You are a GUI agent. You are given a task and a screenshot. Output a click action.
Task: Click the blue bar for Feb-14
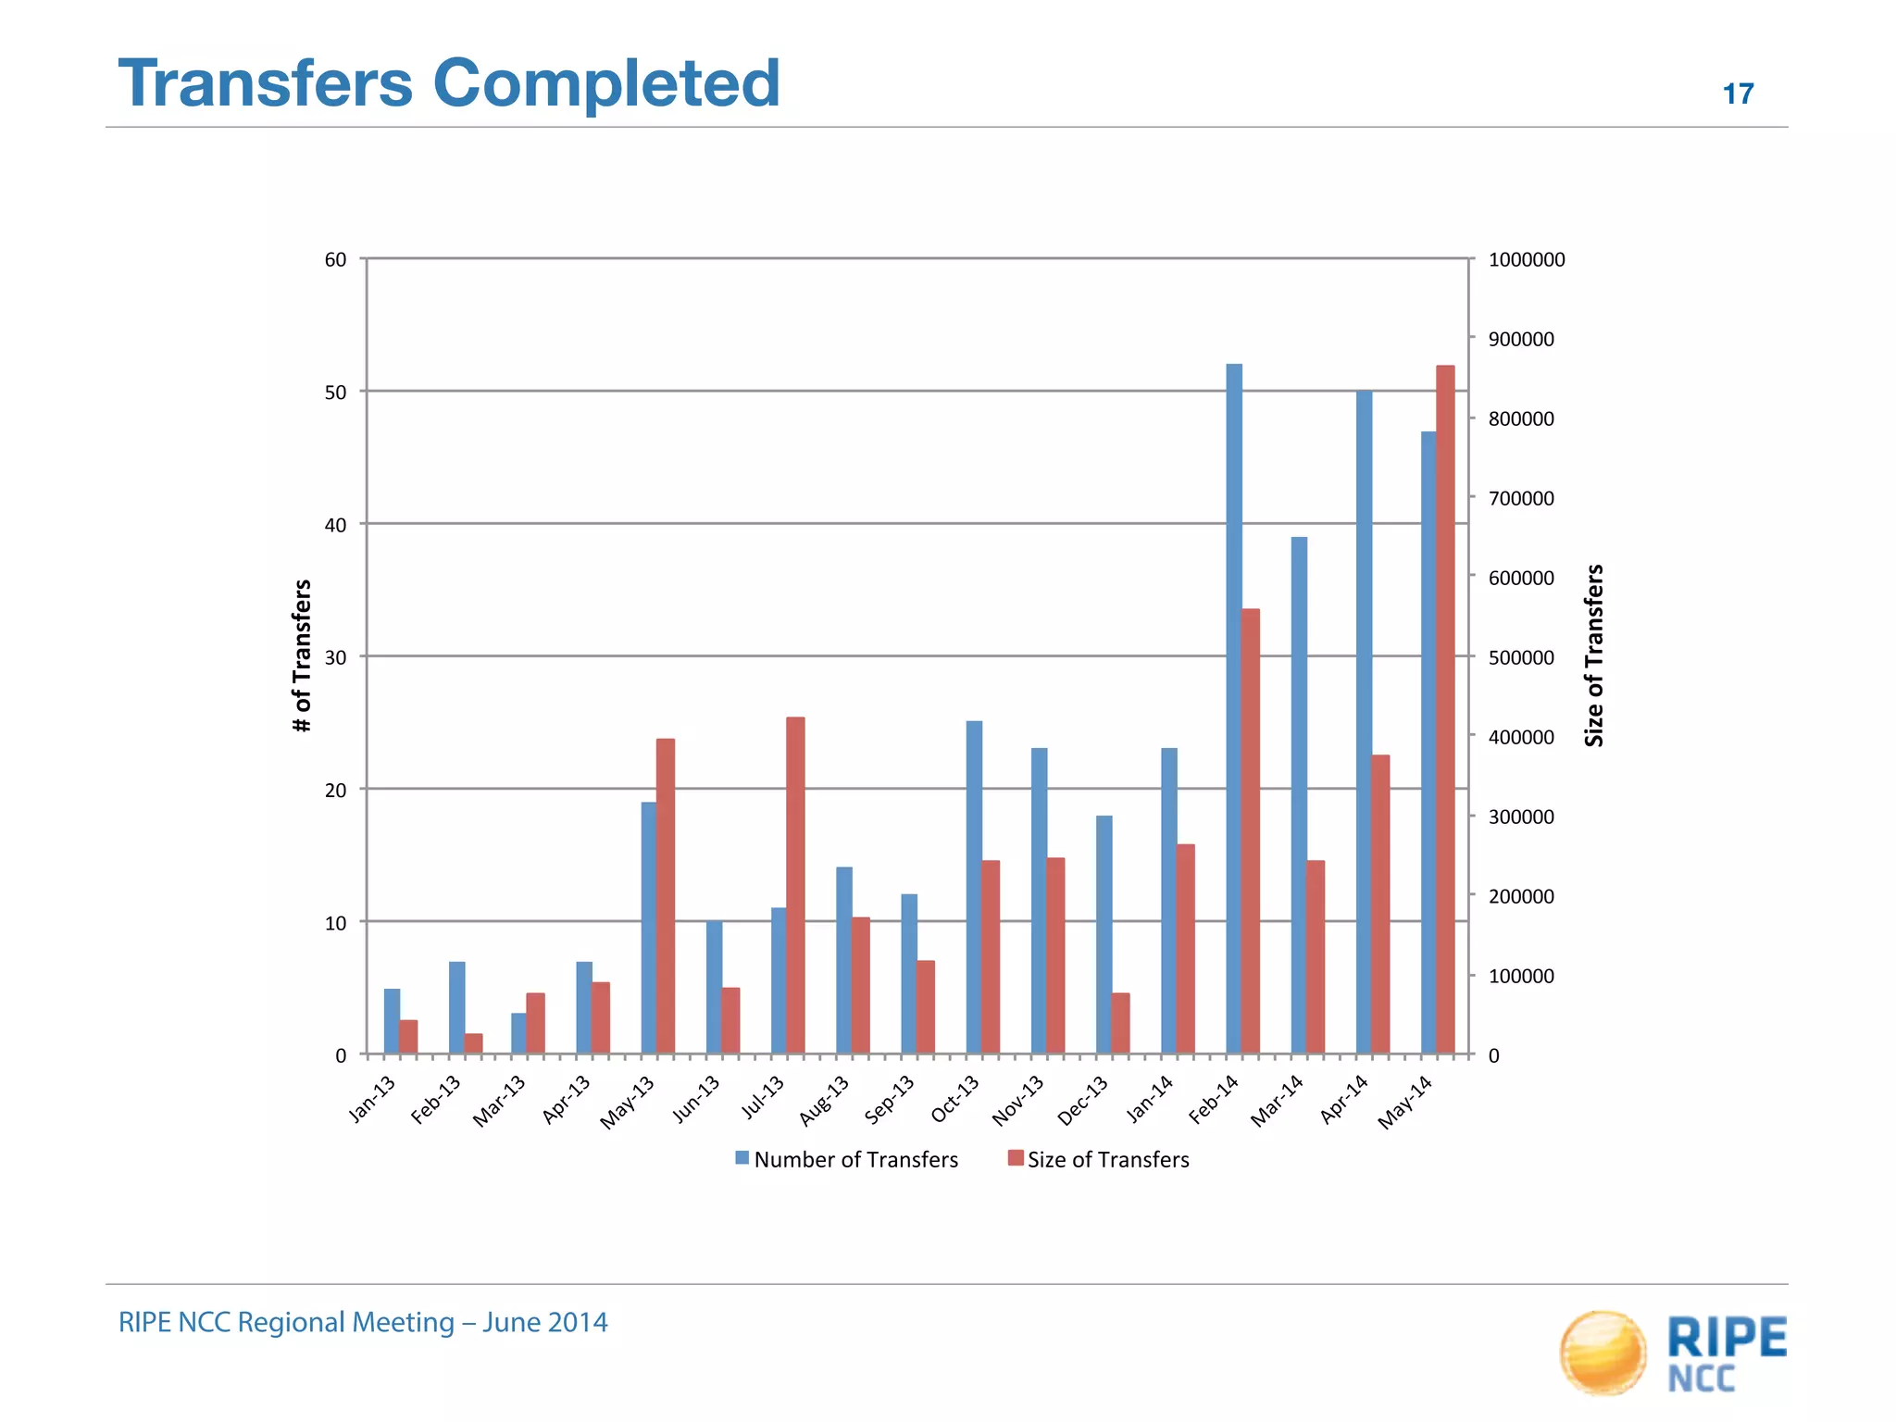[1234, 708]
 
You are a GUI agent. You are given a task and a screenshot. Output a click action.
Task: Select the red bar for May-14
[1445, 709]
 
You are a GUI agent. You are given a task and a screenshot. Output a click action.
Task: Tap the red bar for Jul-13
[795, 885]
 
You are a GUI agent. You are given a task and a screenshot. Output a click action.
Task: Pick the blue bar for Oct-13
[974, 887]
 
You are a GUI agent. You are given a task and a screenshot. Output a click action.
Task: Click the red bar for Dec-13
[1120, 1023]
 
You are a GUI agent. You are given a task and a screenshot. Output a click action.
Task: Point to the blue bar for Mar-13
[518, 1033]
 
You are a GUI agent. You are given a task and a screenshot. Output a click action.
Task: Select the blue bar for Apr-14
[1364, 722]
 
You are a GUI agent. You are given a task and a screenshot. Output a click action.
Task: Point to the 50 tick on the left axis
[335, 393]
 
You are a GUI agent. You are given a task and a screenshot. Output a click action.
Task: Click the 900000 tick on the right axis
[1521, 340]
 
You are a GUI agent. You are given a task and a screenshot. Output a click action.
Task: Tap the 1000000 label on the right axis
[1526, 260]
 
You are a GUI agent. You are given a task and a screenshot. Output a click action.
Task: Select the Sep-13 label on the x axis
[890, 1100]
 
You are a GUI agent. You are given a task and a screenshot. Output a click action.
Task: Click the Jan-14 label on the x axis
[1150, 1099]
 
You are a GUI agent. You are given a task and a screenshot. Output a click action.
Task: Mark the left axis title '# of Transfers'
[302, 655]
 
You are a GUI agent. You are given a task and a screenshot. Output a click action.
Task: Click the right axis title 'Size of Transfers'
[1593, 655]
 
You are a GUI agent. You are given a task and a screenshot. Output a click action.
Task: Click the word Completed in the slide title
[606, 83]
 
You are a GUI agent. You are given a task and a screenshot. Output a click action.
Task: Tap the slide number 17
[1738, 94]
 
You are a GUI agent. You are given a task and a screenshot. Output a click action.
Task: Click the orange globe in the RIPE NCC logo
[1603, 1352]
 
